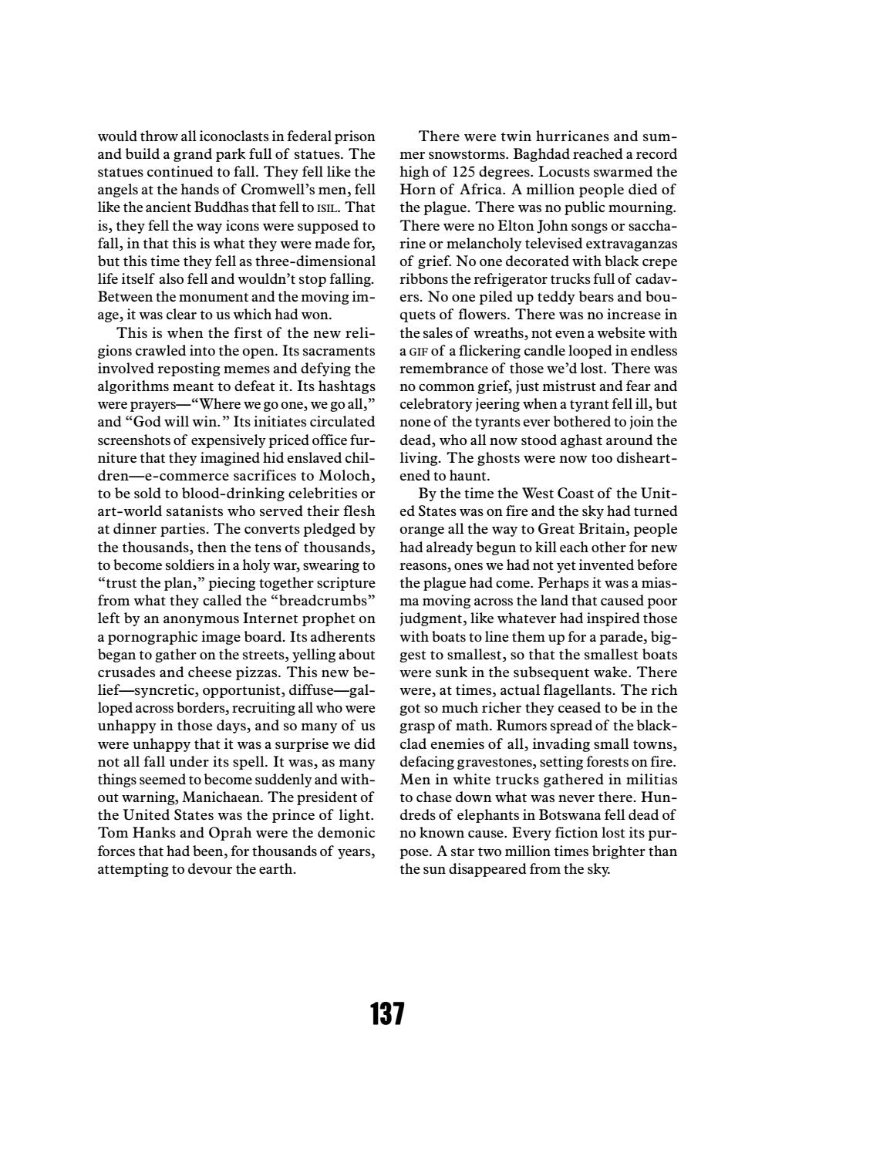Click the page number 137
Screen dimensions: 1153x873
tap(387, 1013)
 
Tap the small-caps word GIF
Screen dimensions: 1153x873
tap(418, 351)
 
